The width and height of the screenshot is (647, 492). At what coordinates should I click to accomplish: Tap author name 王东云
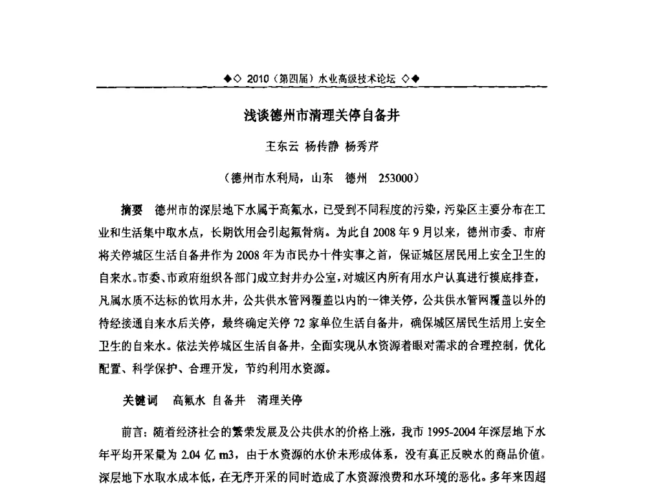click(x=283, y=147)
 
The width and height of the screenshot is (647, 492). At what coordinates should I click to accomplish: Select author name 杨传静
click(x=322, y=147)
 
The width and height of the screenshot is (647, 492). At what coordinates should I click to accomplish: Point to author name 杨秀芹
click(x=362, y=147)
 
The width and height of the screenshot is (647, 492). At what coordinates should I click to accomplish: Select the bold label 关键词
click(x=140, y=400)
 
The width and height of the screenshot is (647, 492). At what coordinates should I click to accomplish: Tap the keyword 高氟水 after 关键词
click(x=190, y=400)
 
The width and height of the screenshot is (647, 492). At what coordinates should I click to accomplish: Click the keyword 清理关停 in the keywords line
click(x=280, y=400)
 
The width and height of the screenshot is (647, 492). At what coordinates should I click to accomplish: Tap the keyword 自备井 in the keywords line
click(x=230, y=400)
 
